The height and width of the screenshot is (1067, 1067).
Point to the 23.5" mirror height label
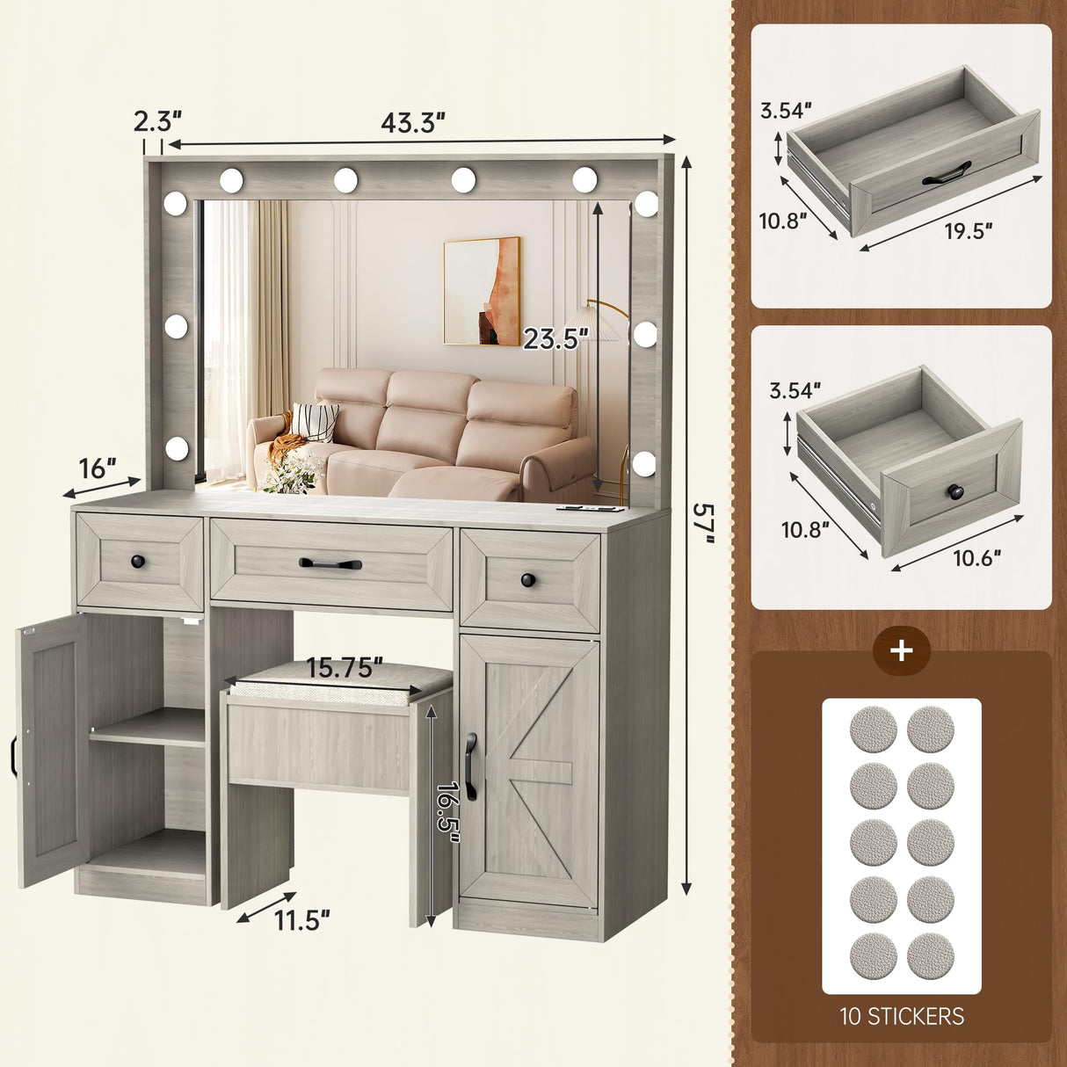tap(555, 338)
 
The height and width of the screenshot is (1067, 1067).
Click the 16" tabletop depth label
tap(98, 468)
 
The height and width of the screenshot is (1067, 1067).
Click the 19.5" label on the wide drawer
tap(969, 230)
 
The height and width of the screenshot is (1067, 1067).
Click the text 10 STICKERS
tap(902, 1016)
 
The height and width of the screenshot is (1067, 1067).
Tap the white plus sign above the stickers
tap(902, 651)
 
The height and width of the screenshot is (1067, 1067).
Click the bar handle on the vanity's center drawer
tap(330, 563)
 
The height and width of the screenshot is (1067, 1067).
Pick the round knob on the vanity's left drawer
tap(136, 560)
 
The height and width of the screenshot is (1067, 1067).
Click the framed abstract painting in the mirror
tap(481, 292)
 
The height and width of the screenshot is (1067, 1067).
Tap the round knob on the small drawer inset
tap(952, 488)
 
